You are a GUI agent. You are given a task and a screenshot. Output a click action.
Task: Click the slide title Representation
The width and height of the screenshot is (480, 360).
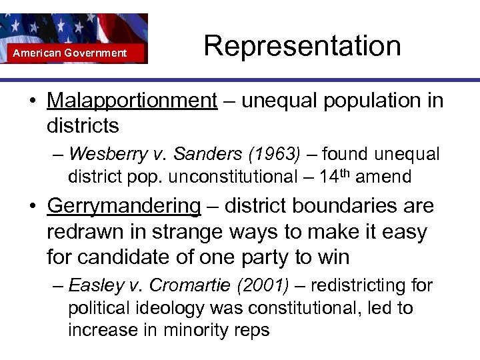click(302, 46)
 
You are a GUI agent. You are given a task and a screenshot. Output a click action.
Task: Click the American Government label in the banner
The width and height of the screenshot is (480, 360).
click(70, 53)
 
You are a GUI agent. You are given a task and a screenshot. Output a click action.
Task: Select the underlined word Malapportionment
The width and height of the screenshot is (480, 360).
click(132, 101)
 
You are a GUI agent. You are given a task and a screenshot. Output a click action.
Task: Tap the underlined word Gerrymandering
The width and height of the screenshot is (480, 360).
click(124, 205)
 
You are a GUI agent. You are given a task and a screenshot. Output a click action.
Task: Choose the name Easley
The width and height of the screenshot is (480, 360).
click(97, 286)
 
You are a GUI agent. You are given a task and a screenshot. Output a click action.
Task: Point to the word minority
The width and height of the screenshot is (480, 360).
click(195, 330)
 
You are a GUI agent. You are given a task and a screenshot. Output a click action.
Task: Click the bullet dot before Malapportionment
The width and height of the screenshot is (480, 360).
click(32, 101)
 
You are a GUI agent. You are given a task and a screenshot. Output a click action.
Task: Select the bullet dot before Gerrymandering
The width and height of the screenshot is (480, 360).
click(32, 206)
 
